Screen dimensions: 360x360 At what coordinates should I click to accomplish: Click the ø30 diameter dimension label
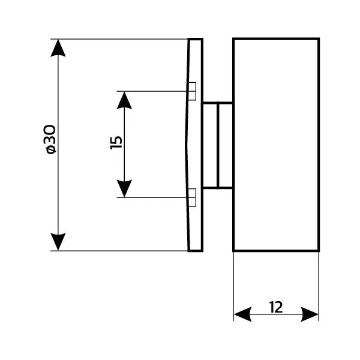pyautogui.click(x=50, y=139)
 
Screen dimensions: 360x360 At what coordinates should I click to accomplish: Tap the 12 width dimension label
pyautogui.click(x=276, y=307)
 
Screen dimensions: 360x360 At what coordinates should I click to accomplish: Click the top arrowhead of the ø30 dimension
pyautogui.click(x=58, y=48)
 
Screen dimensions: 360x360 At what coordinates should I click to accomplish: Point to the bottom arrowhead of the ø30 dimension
pyautogui.click(x=58, y=241)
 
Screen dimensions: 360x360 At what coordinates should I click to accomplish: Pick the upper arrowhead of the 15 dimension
pyautogui.click(x=124, y=100)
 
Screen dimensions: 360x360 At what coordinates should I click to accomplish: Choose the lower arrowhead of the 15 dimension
pyautogui.click(x=124, y=189)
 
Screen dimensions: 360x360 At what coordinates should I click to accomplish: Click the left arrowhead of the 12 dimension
pyautogui.click(x=242, y=314)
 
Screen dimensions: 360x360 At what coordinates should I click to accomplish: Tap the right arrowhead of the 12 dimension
pyautogui.click(x=310, y=314)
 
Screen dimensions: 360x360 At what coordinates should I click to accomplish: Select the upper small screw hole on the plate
pyautogui.click(x=192, y=91)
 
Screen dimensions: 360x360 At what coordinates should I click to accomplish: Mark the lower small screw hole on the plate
pyautogui.click(x=192, y=197)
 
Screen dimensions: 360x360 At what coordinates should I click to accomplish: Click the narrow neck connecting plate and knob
pyautogui.click(x=217, y=145)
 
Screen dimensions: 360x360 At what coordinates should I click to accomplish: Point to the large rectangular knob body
pyautogui.click(x=276, y=145)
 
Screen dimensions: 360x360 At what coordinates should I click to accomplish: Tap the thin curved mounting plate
pyautogui.click(x=195, y=145)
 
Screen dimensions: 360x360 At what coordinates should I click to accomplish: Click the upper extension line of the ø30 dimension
pyautogui.click(x=120, y=39)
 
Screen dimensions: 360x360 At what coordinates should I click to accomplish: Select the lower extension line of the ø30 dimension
pyautogui.click(x=120, y=251)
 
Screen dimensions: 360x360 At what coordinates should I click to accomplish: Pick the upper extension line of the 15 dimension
pyautogui.click(x=156, y=91)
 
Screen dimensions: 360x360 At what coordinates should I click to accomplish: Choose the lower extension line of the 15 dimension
pyautogui.click(x=156, y=197)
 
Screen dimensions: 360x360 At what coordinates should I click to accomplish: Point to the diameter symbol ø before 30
pyautogui.click(x=50, y=149)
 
